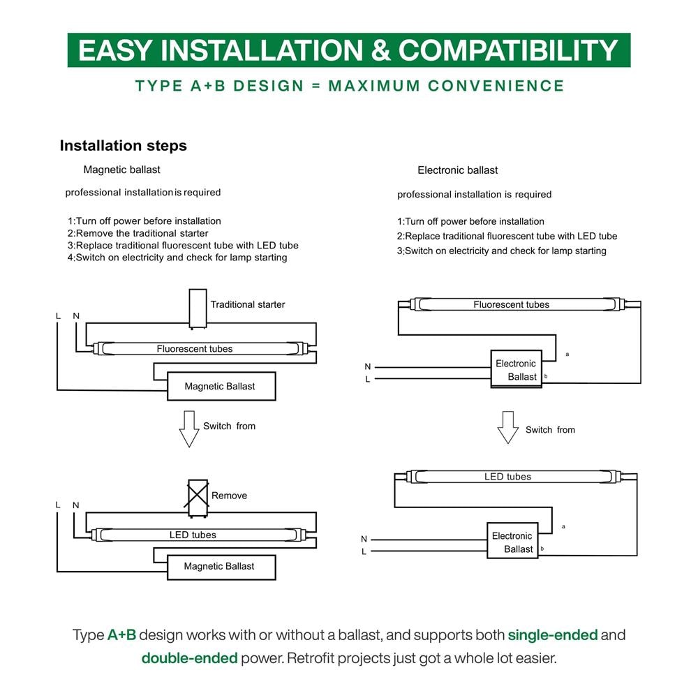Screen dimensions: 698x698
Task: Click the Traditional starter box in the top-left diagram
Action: (x=198, y=309)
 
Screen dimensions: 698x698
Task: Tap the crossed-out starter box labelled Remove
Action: (x=198, y=498)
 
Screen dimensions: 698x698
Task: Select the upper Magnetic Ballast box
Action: (x=221, y=387)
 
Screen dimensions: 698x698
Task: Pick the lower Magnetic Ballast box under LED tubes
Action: (x=221, y=567)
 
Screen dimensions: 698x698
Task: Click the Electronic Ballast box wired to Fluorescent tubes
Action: (x=517, y=369)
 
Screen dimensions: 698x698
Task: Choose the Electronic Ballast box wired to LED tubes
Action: (x=512, y=540)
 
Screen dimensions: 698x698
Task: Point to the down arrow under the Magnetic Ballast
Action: (x=189, y=429)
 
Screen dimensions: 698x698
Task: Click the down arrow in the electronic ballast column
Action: (x=508, y=427)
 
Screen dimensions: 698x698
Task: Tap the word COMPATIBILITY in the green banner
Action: (x=508, y=50)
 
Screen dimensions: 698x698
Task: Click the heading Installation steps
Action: (x=124, y=146)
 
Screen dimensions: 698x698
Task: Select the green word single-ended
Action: (x=552, y=634)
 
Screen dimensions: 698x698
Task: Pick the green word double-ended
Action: (x=190, y=658)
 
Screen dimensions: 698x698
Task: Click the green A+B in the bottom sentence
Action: (x=121, y=634)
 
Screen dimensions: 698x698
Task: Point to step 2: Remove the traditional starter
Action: (x=138, y=233)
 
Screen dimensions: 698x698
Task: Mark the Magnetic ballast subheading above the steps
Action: (x=121, y=170)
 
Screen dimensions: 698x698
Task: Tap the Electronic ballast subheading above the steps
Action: (x=458, y=170)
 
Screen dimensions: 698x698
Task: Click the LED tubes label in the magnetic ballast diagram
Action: (x=193, y=535)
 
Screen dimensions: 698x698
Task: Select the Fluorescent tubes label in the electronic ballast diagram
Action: (x=512, y=304)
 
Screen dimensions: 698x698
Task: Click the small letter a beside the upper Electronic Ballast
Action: (x=567, y=355)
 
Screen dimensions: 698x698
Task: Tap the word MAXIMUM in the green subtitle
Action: (x=374, y=85)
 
